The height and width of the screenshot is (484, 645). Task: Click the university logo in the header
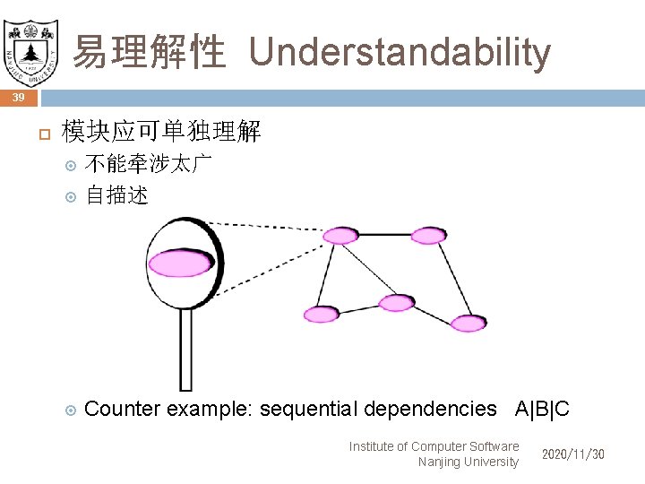31,45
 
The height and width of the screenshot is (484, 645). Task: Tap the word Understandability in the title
400,52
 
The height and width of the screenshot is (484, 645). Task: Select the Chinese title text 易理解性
149,52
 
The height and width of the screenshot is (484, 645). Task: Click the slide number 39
19,97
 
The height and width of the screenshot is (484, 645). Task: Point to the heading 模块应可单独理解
161,133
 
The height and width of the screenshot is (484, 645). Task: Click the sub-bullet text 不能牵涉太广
149,165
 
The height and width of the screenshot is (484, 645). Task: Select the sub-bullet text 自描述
116,194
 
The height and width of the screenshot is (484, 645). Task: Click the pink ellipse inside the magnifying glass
181,264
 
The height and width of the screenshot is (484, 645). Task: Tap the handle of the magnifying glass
186,350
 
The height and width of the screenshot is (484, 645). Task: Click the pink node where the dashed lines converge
340,236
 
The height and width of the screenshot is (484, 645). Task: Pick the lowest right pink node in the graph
468,324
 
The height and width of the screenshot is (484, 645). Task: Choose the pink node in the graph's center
397,302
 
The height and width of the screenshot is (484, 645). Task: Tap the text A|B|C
542,410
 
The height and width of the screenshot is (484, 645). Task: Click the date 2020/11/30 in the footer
572,454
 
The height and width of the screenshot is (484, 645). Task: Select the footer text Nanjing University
468,462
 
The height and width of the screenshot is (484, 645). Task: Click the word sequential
307,410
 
